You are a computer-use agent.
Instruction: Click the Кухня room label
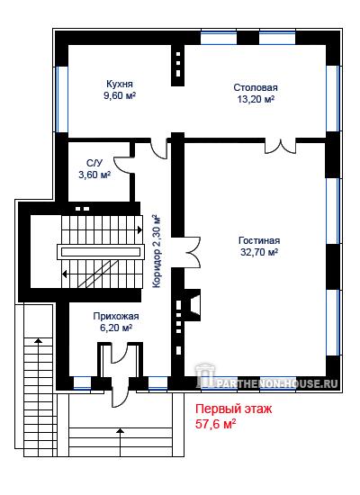[120, 84]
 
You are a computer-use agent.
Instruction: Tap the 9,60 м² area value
[120, 95]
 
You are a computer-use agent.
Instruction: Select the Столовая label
[256, 87]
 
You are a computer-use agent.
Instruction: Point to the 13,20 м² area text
[256, 99]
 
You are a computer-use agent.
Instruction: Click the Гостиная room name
[259, 240]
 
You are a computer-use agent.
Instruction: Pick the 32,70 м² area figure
[259, 252]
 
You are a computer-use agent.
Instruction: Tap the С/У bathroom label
[94, 163]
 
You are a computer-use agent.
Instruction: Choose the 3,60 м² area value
[94, 175]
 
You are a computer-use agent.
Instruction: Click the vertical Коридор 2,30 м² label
[157, 251]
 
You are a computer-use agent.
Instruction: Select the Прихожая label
[116, 316]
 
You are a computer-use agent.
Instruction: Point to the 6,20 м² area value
[116, 328]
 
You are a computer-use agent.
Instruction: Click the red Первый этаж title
[233, 409]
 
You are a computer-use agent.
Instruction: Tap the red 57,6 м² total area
[216, 424]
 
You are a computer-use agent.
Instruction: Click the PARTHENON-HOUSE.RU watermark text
[277, 383]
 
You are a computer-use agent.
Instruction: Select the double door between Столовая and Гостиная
[280, 146]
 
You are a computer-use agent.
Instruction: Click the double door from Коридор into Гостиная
[192, 252]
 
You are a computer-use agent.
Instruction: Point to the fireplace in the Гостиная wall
[193, 305]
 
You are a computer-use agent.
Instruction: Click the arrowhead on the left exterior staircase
[39, 340]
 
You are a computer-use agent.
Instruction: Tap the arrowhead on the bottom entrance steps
[120, 430]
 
